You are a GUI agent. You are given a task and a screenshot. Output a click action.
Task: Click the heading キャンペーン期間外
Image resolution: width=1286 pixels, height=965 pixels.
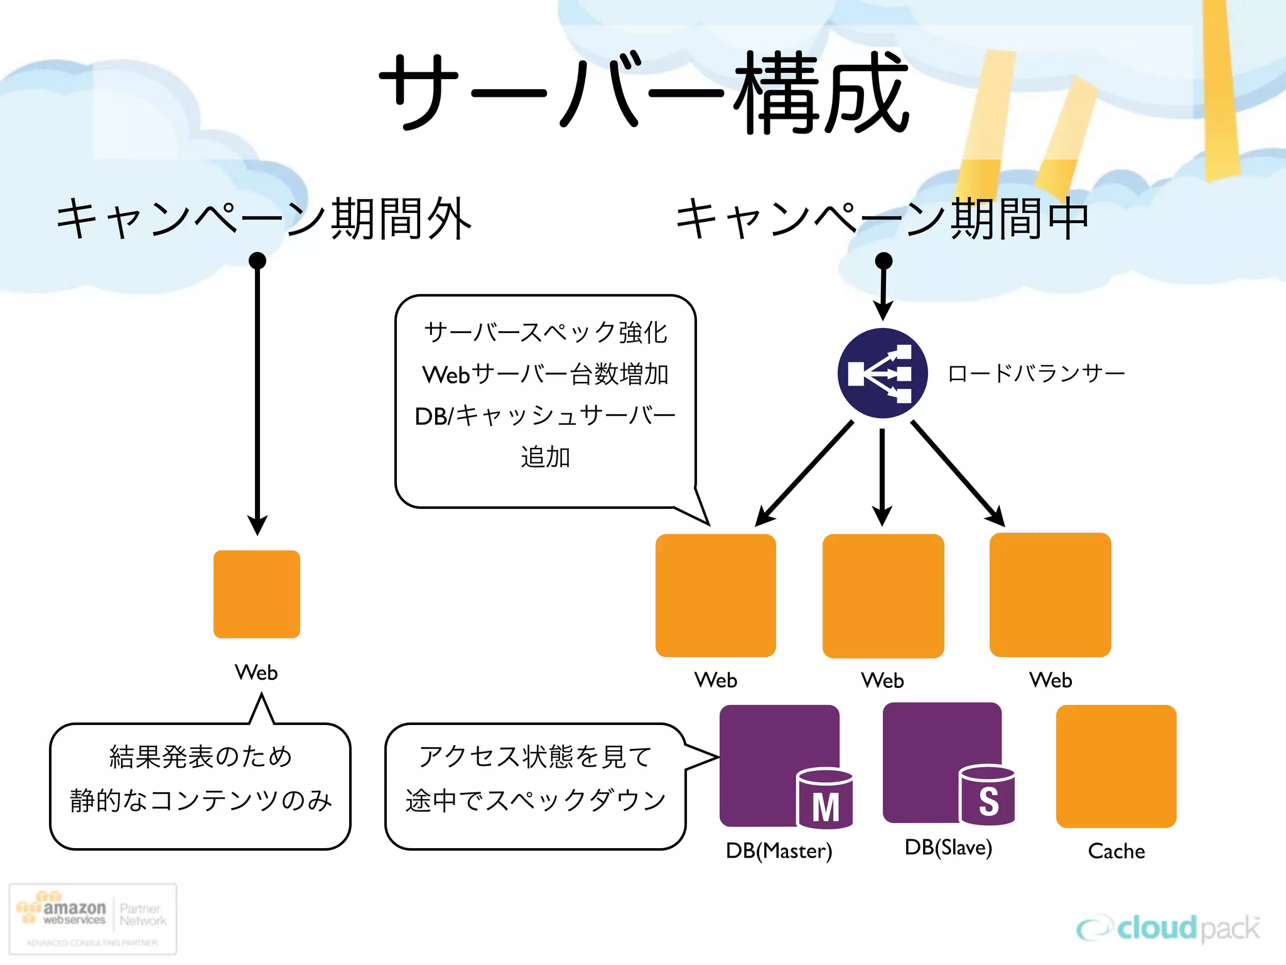264,218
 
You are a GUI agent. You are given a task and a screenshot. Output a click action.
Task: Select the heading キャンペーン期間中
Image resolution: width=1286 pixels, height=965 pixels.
882,218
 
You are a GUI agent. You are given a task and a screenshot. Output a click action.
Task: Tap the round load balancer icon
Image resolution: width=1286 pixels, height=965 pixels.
882,373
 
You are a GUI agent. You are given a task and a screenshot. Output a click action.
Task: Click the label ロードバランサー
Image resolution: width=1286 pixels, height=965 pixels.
1036,373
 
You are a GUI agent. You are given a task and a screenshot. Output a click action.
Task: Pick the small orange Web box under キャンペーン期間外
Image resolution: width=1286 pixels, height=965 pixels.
257,594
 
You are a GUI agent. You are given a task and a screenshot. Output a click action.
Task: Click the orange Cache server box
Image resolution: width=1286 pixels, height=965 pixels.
1116,766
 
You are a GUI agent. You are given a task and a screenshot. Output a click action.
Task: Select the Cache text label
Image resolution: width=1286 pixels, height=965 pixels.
1116,851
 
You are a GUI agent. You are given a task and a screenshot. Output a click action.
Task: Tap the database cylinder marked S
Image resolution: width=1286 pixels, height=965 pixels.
987,795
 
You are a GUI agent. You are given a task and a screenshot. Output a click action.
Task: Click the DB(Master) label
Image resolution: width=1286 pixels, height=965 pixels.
779,851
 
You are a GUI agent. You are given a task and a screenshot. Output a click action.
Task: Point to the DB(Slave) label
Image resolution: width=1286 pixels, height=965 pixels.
948,848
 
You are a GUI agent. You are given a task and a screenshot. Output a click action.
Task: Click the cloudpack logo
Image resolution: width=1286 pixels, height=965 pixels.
1168,929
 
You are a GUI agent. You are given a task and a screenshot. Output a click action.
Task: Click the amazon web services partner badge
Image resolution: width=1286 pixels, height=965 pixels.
93,919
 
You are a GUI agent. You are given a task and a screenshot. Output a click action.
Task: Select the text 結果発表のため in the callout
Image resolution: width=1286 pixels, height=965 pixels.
201,757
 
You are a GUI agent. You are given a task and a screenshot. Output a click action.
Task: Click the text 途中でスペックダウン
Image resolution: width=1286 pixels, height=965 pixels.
535,800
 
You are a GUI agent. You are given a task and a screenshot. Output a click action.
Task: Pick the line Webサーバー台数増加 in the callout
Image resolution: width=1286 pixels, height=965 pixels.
545,374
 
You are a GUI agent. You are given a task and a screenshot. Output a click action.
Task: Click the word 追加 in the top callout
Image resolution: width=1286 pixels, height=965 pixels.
545,457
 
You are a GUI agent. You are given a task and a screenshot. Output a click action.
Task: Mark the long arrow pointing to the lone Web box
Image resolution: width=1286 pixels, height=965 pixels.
257,396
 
